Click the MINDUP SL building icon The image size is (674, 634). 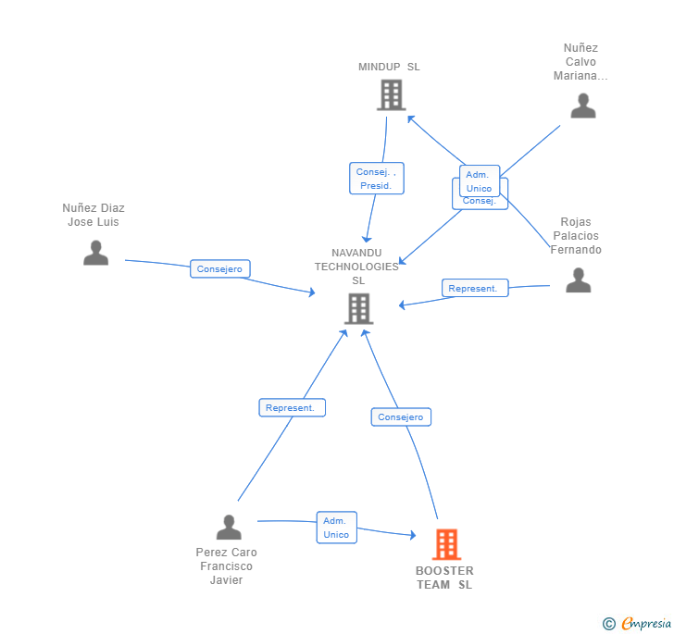click(392, 94)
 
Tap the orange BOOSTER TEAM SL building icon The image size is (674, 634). click(446, 544)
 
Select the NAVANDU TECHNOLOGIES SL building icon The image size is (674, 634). click(358, 308)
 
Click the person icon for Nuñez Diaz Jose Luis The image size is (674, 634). click(95, 252)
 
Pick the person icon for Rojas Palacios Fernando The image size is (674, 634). click(578, 280)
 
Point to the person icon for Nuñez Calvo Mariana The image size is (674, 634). click(583, 106)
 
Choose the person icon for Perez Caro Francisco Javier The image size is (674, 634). click(229, 528)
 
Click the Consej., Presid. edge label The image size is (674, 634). click(376, 179)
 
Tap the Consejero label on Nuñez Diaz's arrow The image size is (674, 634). click(219, 269)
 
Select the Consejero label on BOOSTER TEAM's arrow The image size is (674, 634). click(401, 417)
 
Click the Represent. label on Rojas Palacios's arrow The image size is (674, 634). click(472, 289)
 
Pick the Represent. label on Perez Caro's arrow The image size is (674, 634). click(291, 407)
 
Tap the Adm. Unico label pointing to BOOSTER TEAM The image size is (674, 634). click(336, 528)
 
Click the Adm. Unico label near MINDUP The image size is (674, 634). click(479, 180)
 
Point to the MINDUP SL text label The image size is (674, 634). click(389, 67)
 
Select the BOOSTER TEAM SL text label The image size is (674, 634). click(444, 578)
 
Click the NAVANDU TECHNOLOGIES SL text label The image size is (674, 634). click(356, 267)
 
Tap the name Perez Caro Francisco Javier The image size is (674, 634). click(226, 566)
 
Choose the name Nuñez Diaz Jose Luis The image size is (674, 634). click(94, 215)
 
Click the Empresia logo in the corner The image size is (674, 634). click(638, 623)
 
